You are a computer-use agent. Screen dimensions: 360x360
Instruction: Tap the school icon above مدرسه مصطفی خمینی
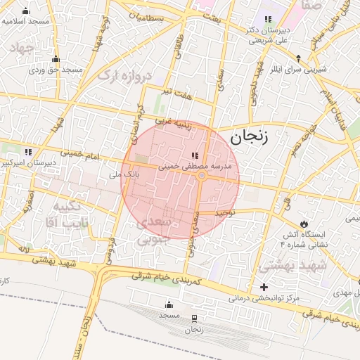click(195, 155)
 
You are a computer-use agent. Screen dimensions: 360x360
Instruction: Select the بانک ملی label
click(122, 170)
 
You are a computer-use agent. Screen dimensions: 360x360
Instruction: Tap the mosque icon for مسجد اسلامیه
click(27, 11)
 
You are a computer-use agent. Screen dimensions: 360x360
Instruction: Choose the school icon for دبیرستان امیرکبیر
click(28, 152)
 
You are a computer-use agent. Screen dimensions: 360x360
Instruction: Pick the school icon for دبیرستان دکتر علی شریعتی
click(267, 20)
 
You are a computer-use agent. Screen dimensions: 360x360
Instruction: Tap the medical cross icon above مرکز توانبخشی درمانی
click(264, 287)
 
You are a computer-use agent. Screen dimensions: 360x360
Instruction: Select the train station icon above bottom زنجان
click(194, 319)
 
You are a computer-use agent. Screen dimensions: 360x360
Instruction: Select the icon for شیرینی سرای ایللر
click(298, 58)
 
